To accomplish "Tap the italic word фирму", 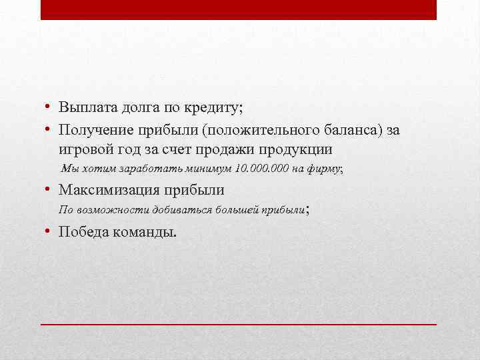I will coord(325,169).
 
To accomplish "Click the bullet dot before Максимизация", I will coord(49,189).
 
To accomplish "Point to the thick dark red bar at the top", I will coord(239,9).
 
